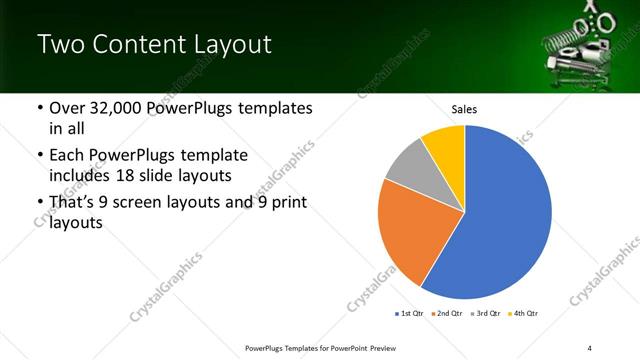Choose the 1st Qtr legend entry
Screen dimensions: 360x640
coord(410,314)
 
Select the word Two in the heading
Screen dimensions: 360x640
coord(61,44)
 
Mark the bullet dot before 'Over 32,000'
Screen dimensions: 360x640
coord(39,108)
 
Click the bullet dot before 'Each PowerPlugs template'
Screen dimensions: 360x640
coord(39,156)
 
